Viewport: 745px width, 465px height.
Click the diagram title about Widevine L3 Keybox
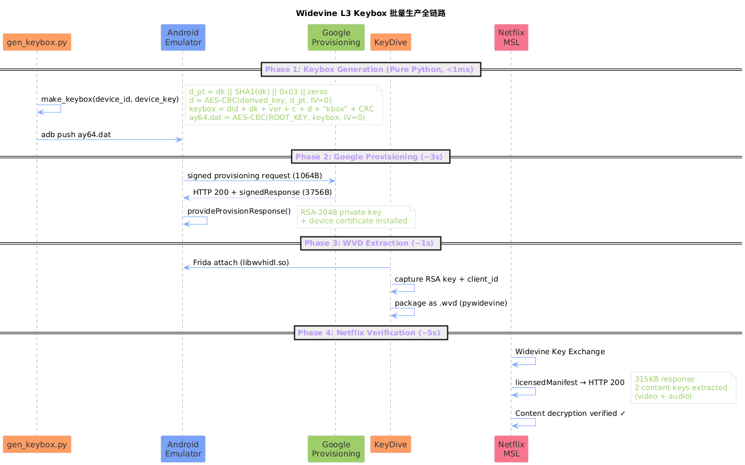click(371, 13)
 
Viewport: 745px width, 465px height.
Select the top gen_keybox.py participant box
click(37, 42)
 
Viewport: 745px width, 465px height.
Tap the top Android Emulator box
click(183, 38)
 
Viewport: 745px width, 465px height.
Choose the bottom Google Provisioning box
click(336, 448)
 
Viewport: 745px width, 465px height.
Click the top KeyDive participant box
click(390, 42)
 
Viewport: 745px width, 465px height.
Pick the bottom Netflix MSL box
click(511, 448)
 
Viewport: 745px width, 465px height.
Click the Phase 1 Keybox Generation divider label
click(371, 70)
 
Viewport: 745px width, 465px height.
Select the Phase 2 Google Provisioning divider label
click(371, 157)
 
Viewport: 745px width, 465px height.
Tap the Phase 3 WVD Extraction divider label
click(371, 243)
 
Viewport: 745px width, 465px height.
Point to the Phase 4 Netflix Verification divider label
click(371, 332)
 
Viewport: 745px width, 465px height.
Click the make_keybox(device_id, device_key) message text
click(110, 99)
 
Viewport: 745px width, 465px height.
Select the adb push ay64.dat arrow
click(110, 140)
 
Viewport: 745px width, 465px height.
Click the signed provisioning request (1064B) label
click(254, 175)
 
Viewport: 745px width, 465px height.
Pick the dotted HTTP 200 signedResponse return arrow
click(259, 198)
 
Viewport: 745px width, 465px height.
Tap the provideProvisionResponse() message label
click(239, 211)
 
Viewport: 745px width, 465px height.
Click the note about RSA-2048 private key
click(356, 217)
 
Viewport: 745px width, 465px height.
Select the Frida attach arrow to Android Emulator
click(286, 268)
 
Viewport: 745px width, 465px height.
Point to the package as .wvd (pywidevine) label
click(451, 303)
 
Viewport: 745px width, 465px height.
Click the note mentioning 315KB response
click(683, 388)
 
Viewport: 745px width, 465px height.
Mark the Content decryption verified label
click(570, 414)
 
